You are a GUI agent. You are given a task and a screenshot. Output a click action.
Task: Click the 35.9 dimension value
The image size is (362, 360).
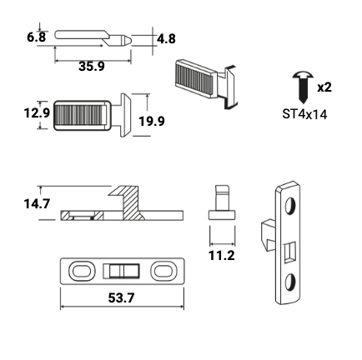92,67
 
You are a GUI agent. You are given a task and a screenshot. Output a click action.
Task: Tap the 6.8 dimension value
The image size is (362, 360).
36,37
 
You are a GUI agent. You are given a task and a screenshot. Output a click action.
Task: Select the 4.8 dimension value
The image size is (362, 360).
166,39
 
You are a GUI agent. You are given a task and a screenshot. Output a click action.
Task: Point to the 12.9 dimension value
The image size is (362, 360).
37,113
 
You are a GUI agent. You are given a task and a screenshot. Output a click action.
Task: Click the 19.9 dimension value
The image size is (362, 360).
152,121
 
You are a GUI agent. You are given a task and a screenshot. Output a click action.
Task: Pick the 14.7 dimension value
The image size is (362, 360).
37,204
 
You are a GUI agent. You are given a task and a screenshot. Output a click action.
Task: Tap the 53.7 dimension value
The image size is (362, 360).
121,298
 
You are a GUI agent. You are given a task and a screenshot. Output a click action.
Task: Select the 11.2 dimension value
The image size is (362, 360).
222,255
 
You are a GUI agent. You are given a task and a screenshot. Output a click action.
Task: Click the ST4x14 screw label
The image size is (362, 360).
304,114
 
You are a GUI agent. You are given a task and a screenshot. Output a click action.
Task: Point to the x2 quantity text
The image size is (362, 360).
324,87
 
